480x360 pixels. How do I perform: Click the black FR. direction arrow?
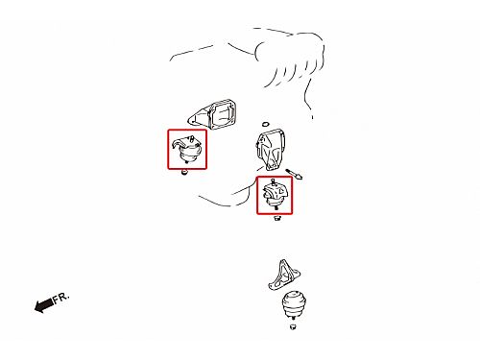point(44,305)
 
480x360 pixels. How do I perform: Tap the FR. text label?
point(60,298)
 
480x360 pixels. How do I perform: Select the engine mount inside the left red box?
point(187,150)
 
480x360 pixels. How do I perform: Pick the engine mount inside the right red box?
point(275,195)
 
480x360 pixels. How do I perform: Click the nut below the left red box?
point(184,173)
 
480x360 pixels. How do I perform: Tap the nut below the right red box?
point(277,219)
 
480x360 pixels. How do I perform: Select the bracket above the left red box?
point(212,114)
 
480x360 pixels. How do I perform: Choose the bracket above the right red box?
point(270,150)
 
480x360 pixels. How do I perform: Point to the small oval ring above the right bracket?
point(265,124)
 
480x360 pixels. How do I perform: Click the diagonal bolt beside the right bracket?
point(294,174)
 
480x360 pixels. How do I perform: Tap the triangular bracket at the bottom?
point(284,275)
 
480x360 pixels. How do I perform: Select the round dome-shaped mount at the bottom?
point(293,304)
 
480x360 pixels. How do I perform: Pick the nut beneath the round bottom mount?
point(293,327)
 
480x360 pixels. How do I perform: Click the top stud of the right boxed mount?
point(273,182)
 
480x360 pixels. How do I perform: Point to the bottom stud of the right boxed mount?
point(276,208)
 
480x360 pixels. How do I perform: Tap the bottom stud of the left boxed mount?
point(186,162)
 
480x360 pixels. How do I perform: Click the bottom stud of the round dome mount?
point(293,318)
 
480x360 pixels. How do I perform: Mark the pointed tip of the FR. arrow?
point(35,307)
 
